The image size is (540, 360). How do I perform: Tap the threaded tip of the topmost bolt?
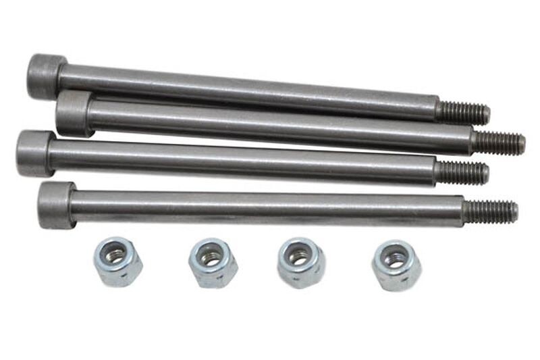pos(464,113)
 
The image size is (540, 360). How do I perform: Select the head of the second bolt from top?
pos(73,113)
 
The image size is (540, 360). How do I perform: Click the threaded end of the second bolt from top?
pos(500,143)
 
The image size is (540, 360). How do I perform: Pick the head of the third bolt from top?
pos(34,153)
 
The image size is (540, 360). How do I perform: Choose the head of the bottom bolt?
pos(56,204)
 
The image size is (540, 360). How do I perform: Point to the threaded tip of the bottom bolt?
pos(491,211)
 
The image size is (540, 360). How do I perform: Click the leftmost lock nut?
pos(117,261)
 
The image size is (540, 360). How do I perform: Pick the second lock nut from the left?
pos(213,262)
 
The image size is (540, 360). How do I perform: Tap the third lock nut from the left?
pos(300,262)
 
